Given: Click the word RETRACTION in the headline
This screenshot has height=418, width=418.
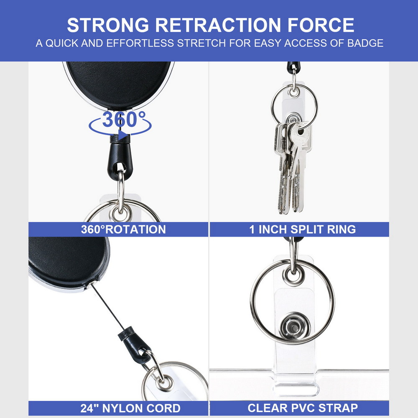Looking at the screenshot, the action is click(x=218, y=25).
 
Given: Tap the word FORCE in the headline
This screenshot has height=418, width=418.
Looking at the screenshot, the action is click(x=321, y=25).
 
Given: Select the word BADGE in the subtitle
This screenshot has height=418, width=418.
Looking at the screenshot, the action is click(x=365, y=43).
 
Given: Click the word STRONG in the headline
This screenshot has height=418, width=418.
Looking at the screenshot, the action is click(x=108, y=25).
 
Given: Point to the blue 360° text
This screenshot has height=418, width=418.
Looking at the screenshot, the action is click(x=124, y=119).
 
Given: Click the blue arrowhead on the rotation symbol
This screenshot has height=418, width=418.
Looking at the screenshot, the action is click(x=123, y=135).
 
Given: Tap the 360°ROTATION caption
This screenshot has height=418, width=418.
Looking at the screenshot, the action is click(x=123, y=229).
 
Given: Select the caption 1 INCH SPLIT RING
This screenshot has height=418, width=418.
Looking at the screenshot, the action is click(x=302, y=229).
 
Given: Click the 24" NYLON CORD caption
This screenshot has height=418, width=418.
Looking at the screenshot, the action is click(x=130, y=408).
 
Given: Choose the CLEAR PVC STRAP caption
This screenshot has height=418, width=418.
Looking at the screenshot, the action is click(x=303, y=408).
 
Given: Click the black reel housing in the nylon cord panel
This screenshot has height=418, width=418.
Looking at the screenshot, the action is click(x=68, y=263).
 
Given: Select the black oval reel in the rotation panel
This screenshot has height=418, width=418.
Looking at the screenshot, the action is click(x=119, y=85).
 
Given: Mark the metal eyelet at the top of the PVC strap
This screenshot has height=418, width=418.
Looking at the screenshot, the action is click(x=293, y=275).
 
